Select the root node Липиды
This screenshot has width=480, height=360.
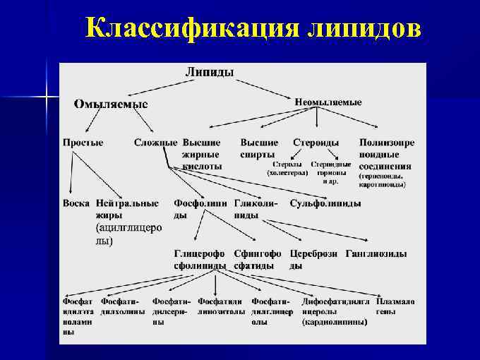click(x=210, y=71)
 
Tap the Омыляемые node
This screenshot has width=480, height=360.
click(x=112, y=104)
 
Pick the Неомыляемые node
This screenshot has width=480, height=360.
click(x=328, y=102)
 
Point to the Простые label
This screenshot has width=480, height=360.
click(x=83, y=142)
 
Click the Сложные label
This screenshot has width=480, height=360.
click(x=155, y=142)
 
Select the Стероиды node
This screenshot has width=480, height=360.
click(x=316, y=142)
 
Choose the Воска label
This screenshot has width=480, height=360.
click(x=76, y=203)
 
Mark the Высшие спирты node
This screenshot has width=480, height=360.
click(x=259, y=148)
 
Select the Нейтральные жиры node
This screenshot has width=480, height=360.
click(x=127, y=209)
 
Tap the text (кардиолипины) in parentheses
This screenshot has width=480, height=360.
click(x=335, y=321)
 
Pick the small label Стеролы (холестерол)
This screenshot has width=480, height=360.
click(x=287, y=168)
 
